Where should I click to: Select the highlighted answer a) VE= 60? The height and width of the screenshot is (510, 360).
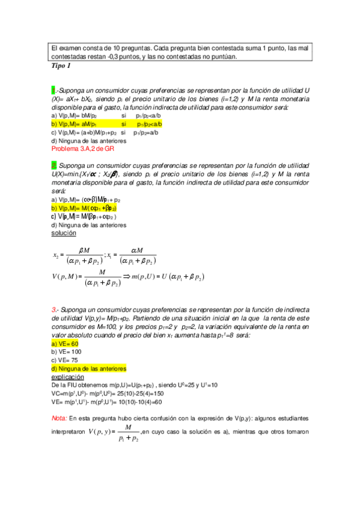[65, 343]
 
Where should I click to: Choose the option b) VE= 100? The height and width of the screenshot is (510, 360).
[67, 351]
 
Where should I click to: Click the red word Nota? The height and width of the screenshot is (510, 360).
[59, 417]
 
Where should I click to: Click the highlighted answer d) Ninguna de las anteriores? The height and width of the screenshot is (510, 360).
[89, 368]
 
